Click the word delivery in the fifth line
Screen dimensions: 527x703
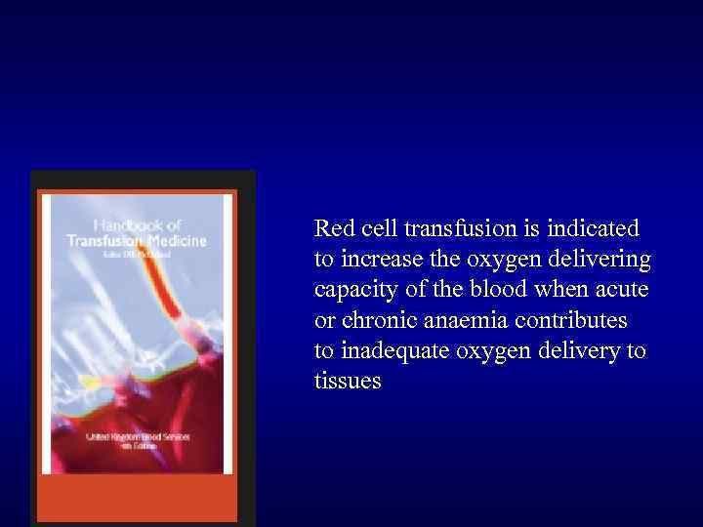pos(581,350)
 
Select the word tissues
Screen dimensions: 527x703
pos(348,381)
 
